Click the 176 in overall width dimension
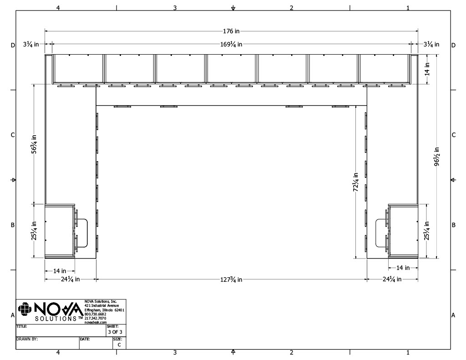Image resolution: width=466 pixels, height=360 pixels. [231, 31]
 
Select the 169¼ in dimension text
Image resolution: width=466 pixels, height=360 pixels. [231, 44]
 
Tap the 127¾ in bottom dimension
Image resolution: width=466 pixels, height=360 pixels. [231, 279]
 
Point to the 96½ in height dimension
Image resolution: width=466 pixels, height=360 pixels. [437, 157]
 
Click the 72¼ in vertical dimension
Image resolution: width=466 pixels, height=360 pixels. [356, 182]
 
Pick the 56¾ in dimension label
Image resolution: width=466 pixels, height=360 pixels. [34, 144]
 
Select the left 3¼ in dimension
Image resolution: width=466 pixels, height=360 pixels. [31, 44]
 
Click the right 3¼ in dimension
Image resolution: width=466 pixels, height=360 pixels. [431, 44]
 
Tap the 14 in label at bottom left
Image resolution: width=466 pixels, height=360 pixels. [60, 271]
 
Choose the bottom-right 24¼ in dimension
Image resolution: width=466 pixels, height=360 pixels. [392, 279]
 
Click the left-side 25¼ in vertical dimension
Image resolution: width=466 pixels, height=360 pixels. [34, 230]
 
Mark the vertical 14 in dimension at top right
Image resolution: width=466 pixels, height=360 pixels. [427, 69]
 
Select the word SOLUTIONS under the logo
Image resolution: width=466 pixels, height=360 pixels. [56, 319]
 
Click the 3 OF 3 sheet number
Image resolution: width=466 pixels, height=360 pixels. [115, 332]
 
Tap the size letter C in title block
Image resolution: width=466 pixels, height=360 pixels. [119, 345]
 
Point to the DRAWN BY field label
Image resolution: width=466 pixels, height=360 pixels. [27, 339]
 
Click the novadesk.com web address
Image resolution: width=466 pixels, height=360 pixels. [96, 322]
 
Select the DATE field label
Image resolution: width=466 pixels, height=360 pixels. [85, 339]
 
